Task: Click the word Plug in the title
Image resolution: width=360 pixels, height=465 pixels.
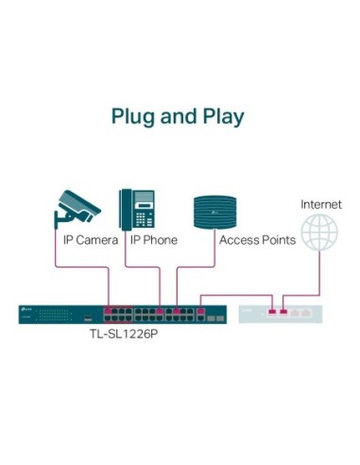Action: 133,118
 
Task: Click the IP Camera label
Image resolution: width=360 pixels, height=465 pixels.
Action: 91,241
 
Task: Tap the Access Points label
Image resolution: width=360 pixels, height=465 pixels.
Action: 257,241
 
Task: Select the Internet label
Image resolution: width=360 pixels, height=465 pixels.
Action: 320,204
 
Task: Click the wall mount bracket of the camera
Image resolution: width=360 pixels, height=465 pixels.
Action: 59,218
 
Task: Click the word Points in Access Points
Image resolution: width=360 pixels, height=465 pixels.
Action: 278,241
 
